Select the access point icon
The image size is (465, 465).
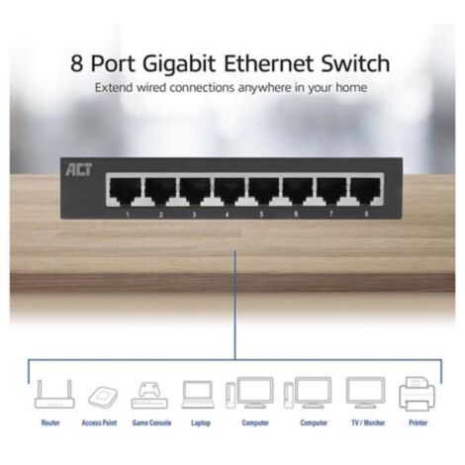[x=100, y=394]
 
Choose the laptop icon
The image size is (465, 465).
[x=199, y=393]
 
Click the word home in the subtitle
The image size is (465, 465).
[x=350, y=89]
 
